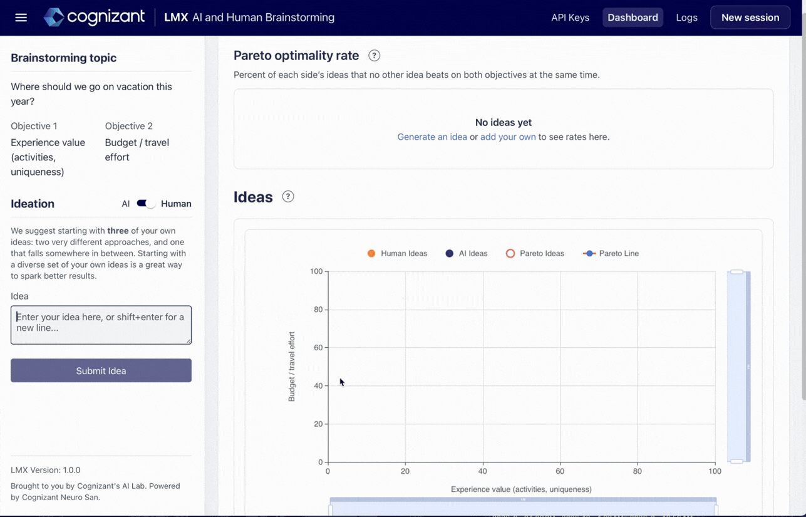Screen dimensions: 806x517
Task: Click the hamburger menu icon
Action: click(x=21, y=18)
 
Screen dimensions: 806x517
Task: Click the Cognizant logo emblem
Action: click(x=54, y=17)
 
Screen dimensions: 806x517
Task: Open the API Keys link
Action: click(x=570, y=18)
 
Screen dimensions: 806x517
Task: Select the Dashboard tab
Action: click(x=633, y=18)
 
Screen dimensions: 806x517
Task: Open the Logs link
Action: click(x=686, y=18)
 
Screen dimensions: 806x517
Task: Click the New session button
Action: click(x=750, y=18)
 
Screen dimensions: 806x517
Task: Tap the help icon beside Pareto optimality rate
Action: click(x=375, y=55)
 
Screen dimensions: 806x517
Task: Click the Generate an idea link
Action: click(x=432, y=137)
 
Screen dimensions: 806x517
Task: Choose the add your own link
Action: click(x=508, y=137)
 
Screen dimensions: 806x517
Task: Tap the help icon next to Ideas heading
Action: click(x=288, y=197)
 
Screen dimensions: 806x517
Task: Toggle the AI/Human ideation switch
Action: click(x=146, y=204)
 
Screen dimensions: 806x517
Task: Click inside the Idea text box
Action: click(x=101, y=325)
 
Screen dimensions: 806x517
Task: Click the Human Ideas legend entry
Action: click(x=397, y=253)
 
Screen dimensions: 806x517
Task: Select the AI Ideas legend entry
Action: click(x=467, y=253)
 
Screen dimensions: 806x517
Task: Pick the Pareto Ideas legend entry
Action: click(x=535, y=253)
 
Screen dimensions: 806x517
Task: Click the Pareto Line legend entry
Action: click(x=611, y=253)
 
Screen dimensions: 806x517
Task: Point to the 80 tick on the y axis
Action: click(x=318, y=310)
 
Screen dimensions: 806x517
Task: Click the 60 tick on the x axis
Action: click(x=560, y=471)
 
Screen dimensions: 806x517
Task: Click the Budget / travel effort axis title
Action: click(x=291, y=367)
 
